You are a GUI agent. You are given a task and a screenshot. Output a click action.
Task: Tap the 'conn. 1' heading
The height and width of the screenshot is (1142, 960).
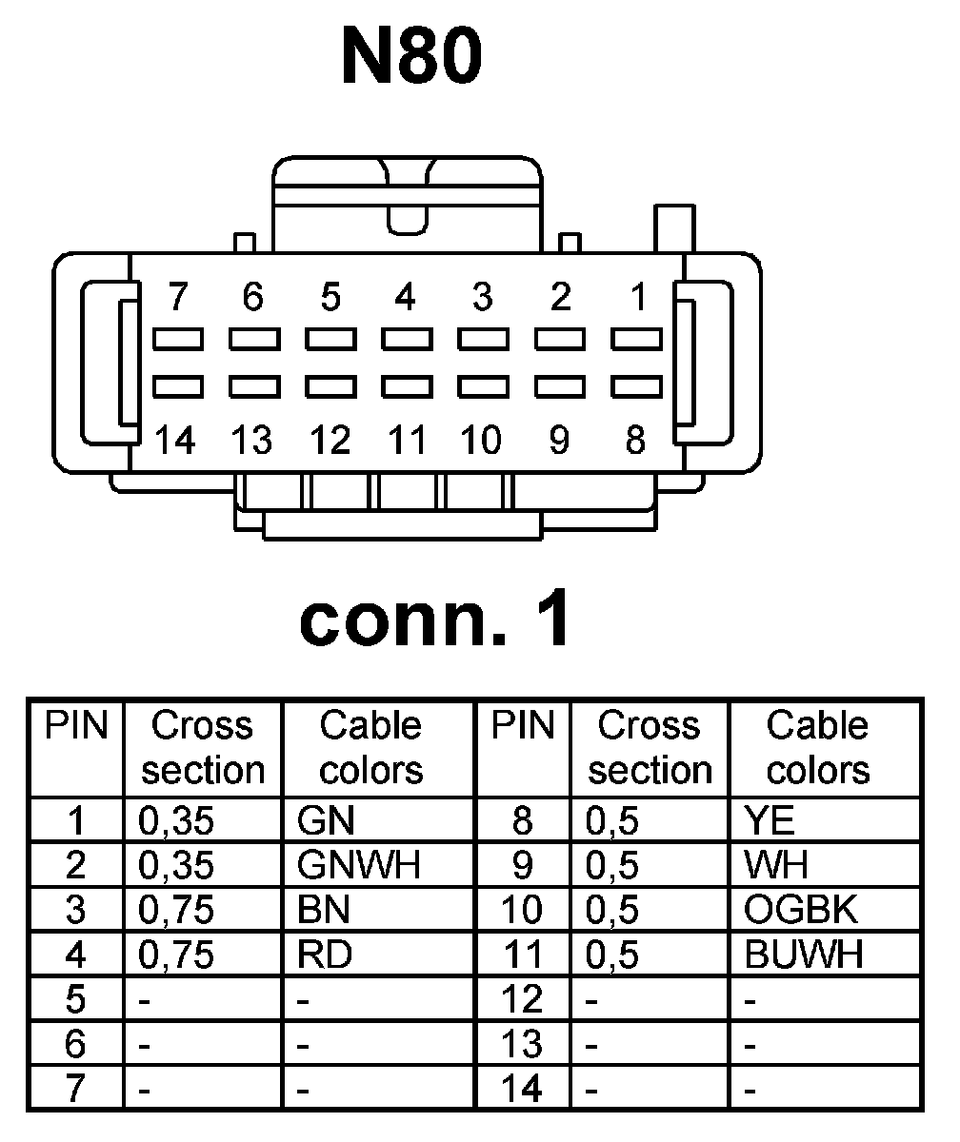click(436, 620)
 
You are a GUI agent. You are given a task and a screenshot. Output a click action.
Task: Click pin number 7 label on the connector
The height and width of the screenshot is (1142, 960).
click(176, 298)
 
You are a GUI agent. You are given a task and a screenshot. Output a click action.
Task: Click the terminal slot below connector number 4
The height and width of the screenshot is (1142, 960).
click(406, 339)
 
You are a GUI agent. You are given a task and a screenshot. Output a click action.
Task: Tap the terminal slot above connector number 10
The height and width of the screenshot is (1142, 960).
click(482, 386)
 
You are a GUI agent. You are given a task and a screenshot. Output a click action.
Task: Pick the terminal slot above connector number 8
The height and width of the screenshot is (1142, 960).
click(636, 386)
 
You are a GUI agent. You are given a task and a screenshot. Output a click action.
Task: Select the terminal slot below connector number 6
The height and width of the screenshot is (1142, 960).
click(252, 339)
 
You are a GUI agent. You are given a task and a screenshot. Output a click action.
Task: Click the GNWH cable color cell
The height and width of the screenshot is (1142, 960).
click(358, 865)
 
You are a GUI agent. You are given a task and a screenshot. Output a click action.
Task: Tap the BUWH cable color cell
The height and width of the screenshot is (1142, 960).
click(804, 954)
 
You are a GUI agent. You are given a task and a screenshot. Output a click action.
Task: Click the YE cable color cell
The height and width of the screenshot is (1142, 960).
click(770, 821)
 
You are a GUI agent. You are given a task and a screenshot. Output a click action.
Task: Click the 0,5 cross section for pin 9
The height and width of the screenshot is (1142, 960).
click(612, 865)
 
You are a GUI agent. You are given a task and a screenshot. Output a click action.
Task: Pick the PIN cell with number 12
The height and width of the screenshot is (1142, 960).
click(523, 998)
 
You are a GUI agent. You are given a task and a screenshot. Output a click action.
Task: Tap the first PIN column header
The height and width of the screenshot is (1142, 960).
click(76, 727)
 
